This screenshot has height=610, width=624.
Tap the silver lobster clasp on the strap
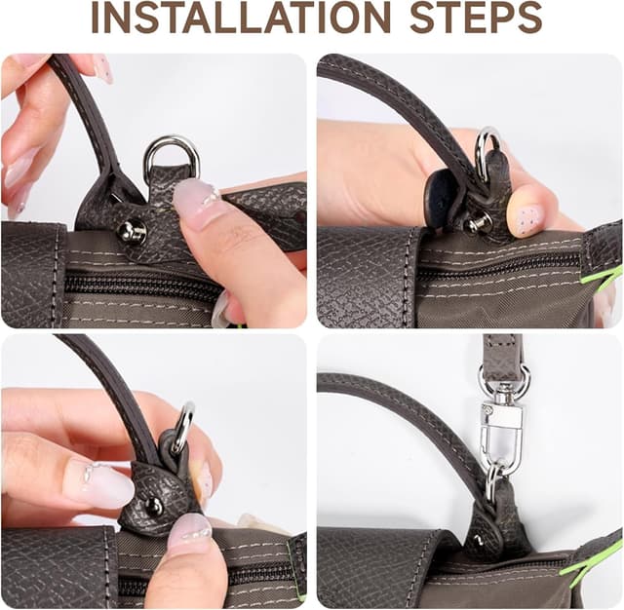500,428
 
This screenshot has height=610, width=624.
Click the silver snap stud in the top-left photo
132,231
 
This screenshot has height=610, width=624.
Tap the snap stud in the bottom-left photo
153,506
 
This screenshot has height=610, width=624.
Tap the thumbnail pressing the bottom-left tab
190,532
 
